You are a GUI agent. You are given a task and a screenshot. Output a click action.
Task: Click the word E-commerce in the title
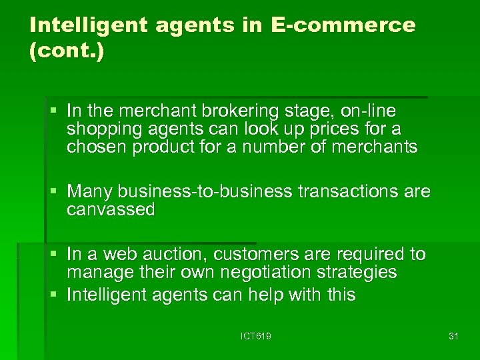(343, 25)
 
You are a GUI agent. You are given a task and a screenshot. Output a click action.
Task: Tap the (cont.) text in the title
(67, 52)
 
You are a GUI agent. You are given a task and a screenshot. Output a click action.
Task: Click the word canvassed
(111, 210)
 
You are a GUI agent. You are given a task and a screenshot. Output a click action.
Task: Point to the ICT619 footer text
(256, 336)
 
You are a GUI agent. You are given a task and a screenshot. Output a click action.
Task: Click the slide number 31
(453, 336)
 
